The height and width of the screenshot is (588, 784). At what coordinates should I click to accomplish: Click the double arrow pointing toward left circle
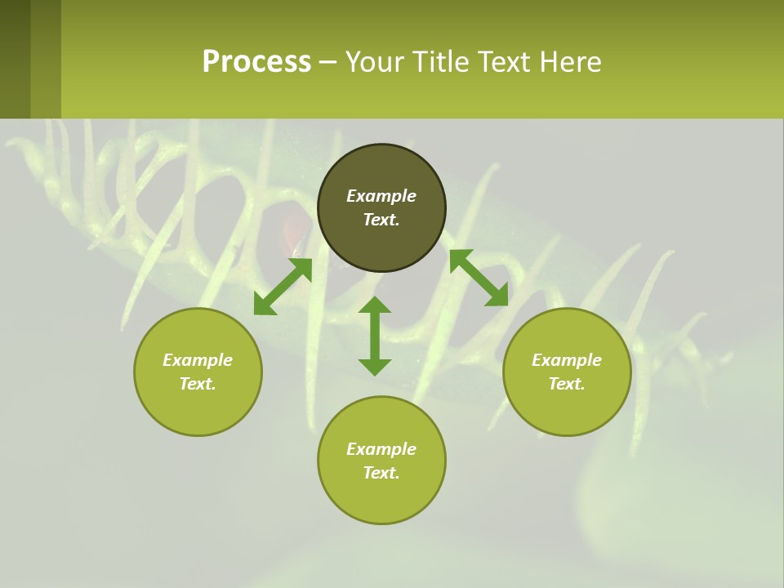(x=283, y=287)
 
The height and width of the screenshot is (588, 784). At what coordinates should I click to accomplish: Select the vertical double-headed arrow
(x=375, y=336)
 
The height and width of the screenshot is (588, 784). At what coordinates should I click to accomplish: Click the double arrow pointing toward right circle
(x=479, y=278)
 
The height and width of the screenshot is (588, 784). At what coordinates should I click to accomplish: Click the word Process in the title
(x=256, y=61)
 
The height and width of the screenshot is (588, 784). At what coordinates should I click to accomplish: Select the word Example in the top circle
(x=381, y=196)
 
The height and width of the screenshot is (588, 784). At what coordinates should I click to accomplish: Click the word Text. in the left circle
(x=198, y=384)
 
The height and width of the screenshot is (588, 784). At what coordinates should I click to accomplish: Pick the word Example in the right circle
(x=567, y=360)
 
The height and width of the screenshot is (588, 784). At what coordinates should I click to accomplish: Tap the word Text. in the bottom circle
(x=381, y=473)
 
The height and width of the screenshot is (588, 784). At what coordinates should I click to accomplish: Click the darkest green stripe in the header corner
(x=15, y=59)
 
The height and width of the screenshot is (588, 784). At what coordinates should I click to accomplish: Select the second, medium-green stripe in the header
(x=46, y=59)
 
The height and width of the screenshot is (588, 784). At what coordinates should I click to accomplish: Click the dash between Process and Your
(x=328, y=62)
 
